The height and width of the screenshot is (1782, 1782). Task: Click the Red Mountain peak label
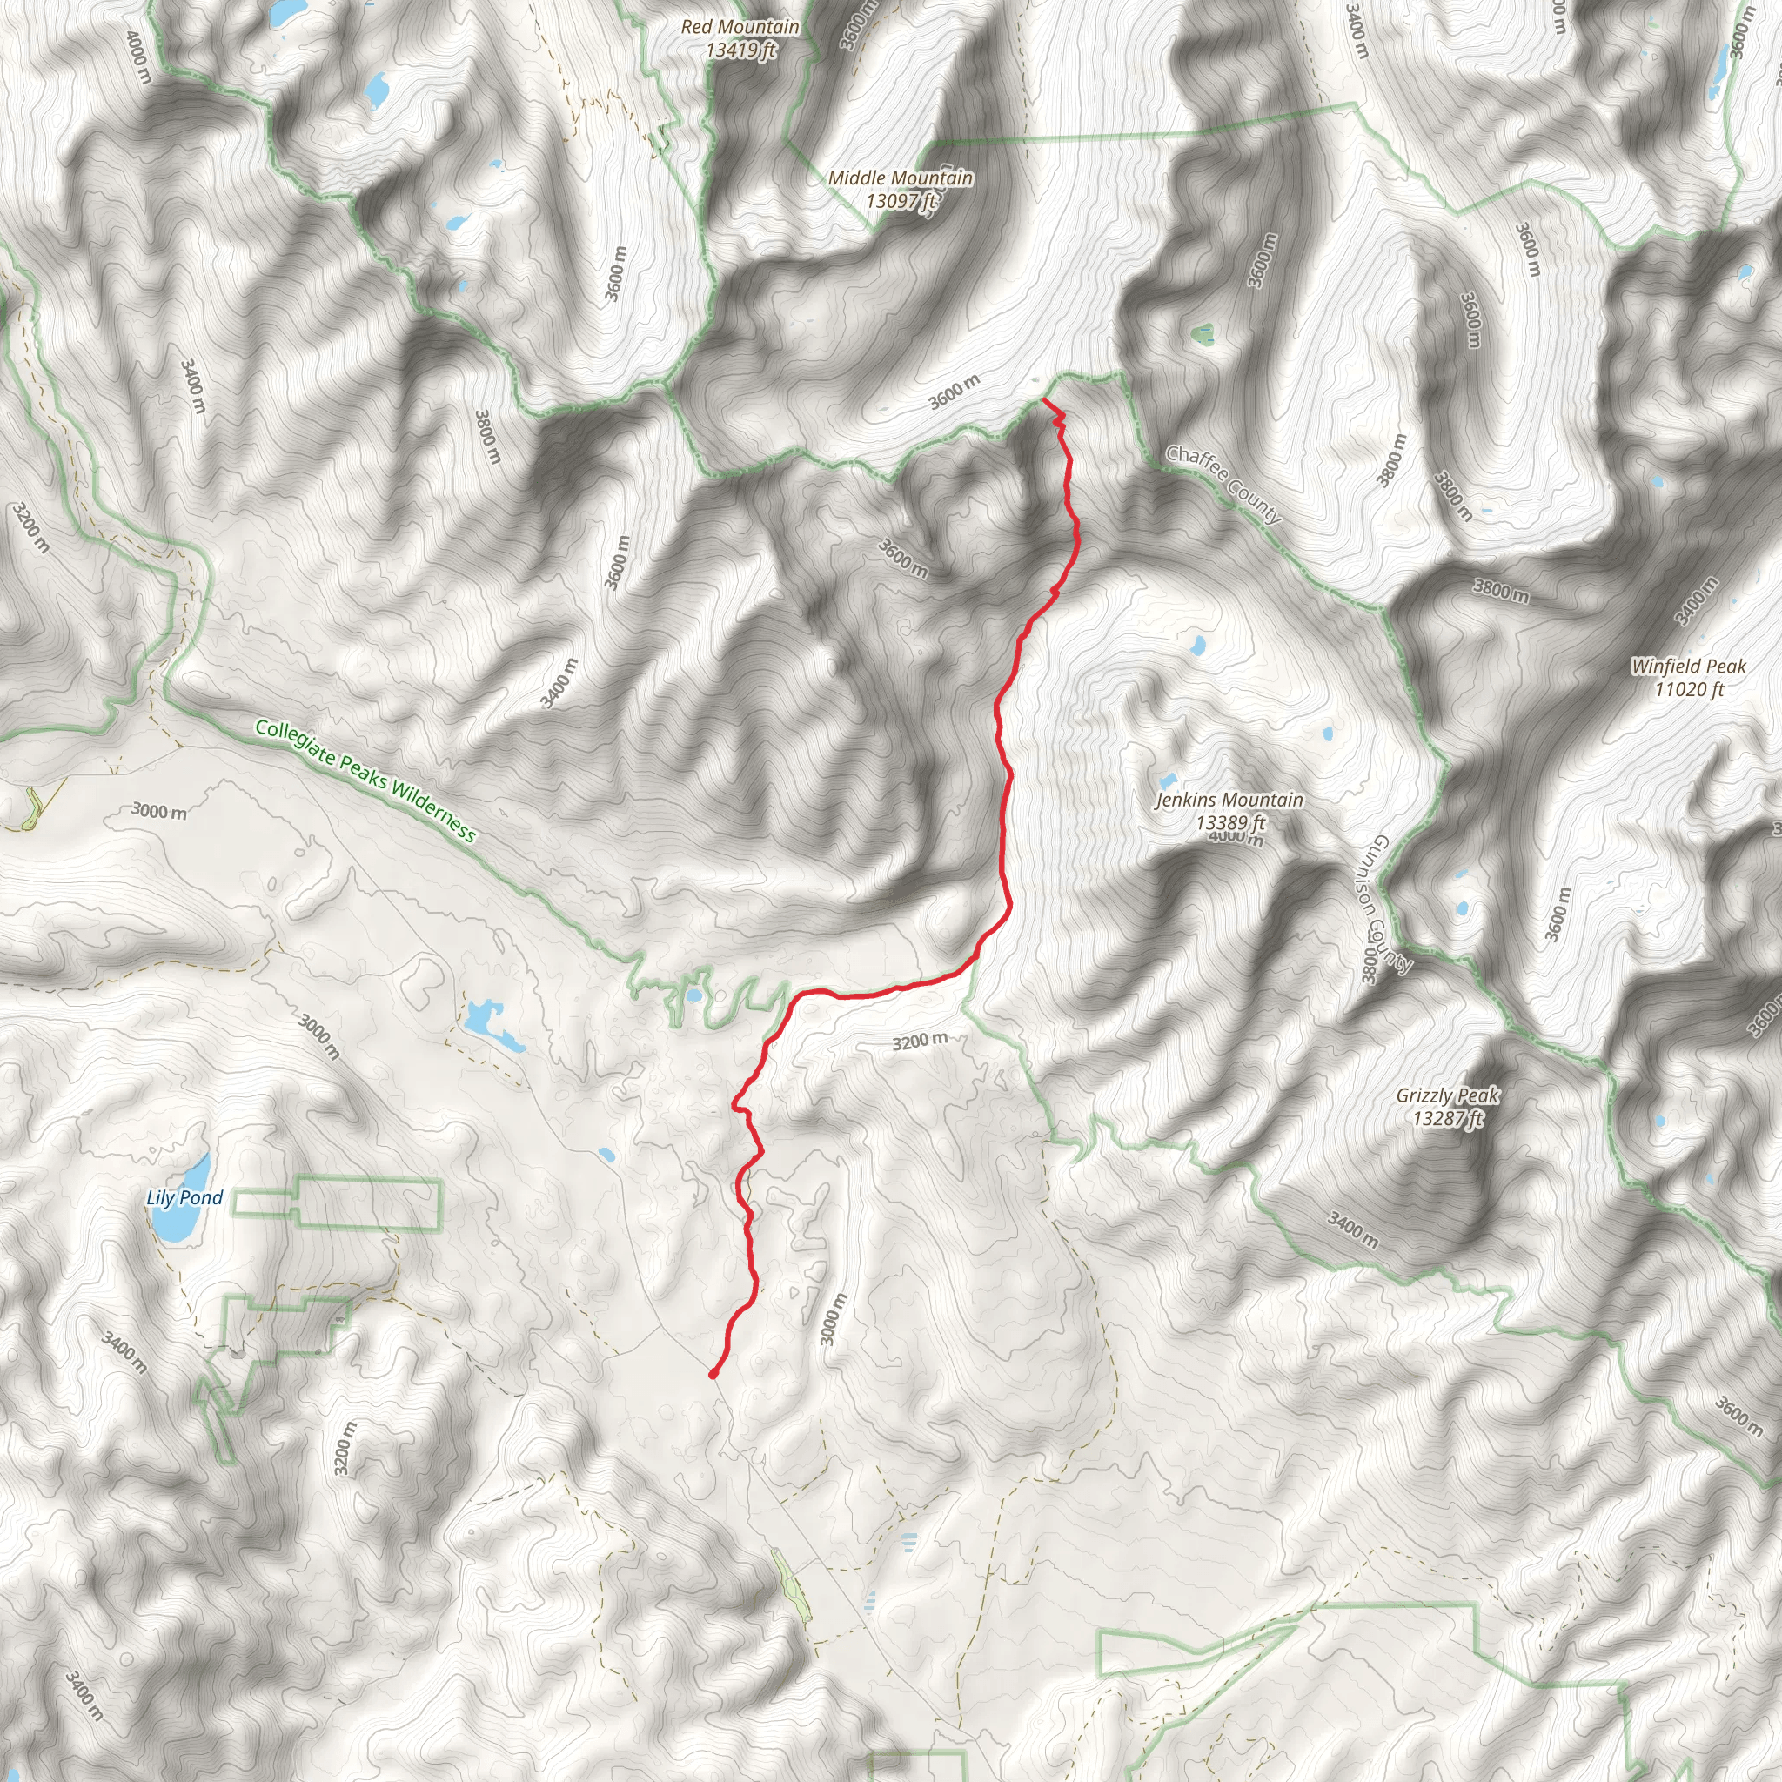(740, 27)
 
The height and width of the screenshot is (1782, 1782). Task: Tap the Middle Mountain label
(901, 178)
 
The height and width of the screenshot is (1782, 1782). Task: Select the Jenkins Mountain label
(1229, 800)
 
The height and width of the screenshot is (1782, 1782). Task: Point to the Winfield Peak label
(1689, 666)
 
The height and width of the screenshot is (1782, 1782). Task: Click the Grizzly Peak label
(1447, 1095)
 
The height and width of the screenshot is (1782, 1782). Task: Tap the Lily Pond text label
(184, 1197)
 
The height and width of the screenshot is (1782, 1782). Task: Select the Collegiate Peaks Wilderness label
(366, 781)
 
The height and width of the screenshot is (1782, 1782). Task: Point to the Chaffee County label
(1223, 485)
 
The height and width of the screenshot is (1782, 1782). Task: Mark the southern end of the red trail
(713, 1374)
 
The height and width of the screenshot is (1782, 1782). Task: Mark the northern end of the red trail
(1043, 399)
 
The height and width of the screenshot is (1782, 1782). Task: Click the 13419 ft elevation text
(740, 50)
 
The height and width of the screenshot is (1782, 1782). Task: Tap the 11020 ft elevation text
(1689, 689)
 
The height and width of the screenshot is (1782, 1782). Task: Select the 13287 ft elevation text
(1448, 1119)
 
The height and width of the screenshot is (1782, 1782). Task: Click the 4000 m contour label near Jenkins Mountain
(1236, 836)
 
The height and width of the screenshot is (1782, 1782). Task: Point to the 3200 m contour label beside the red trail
(920, 1042)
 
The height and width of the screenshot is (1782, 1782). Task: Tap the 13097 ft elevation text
(901, 200)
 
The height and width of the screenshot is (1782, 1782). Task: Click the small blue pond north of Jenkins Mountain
(1197, 645)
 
